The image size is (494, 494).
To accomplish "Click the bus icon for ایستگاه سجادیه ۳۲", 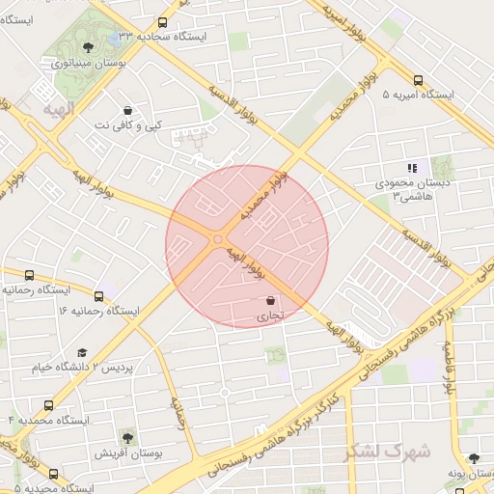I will click(x=162, y=21).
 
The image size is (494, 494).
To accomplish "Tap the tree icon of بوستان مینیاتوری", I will click(x=89, y=47).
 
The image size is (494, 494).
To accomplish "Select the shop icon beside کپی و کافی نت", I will click(x=128, y=110).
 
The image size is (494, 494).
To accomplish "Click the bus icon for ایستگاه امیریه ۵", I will click(x=418, y=80).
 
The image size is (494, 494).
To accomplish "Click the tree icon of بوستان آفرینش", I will click(x=127, y=437).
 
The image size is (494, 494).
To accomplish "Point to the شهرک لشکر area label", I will click(x=403, y=451).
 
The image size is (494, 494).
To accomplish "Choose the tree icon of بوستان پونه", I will click(x=473, y=459).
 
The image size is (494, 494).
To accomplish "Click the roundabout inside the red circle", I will click(x=218, y=239).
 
